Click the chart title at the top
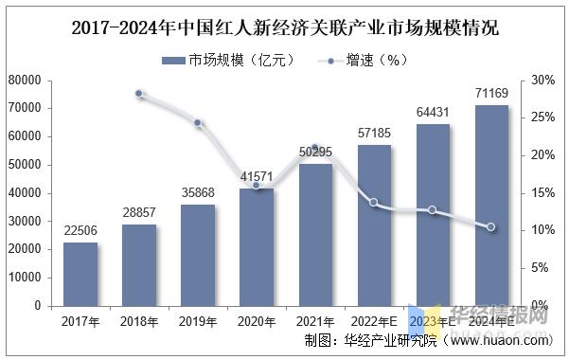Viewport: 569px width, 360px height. coord(285,26)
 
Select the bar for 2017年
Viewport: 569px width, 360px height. coord(80,274)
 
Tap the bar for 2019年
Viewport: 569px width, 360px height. coord(198,255)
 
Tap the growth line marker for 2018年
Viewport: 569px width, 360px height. coord(139,94)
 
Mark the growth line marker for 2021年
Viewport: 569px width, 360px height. coord(315,150)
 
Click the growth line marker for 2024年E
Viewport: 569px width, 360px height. coord(491,227)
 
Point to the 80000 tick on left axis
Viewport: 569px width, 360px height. coord(25,81)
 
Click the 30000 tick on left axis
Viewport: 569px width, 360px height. coord(25,221)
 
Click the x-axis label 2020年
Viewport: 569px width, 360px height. coord(257,321)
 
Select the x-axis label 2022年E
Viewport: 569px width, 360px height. coord(374,321)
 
